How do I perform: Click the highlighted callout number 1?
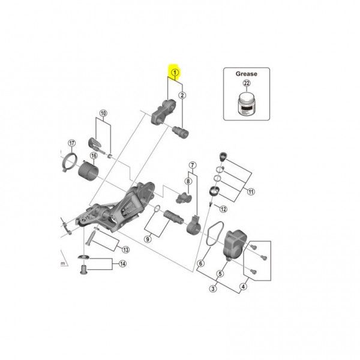(175, 73)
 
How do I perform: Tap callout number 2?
(182, 95)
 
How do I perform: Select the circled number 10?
(103, 113)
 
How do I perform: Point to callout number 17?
(71, 143)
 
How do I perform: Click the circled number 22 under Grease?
(246, 85)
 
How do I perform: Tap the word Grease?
(246, 74)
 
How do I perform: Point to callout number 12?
(223, 209)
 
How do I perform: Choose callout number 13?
(125, 250)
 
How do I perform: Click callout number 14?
(123, 265)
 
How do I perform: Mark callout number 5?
(220, 273)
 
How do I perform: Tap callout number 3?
(212, 289)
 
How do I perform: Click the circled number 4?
(244, 287)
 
